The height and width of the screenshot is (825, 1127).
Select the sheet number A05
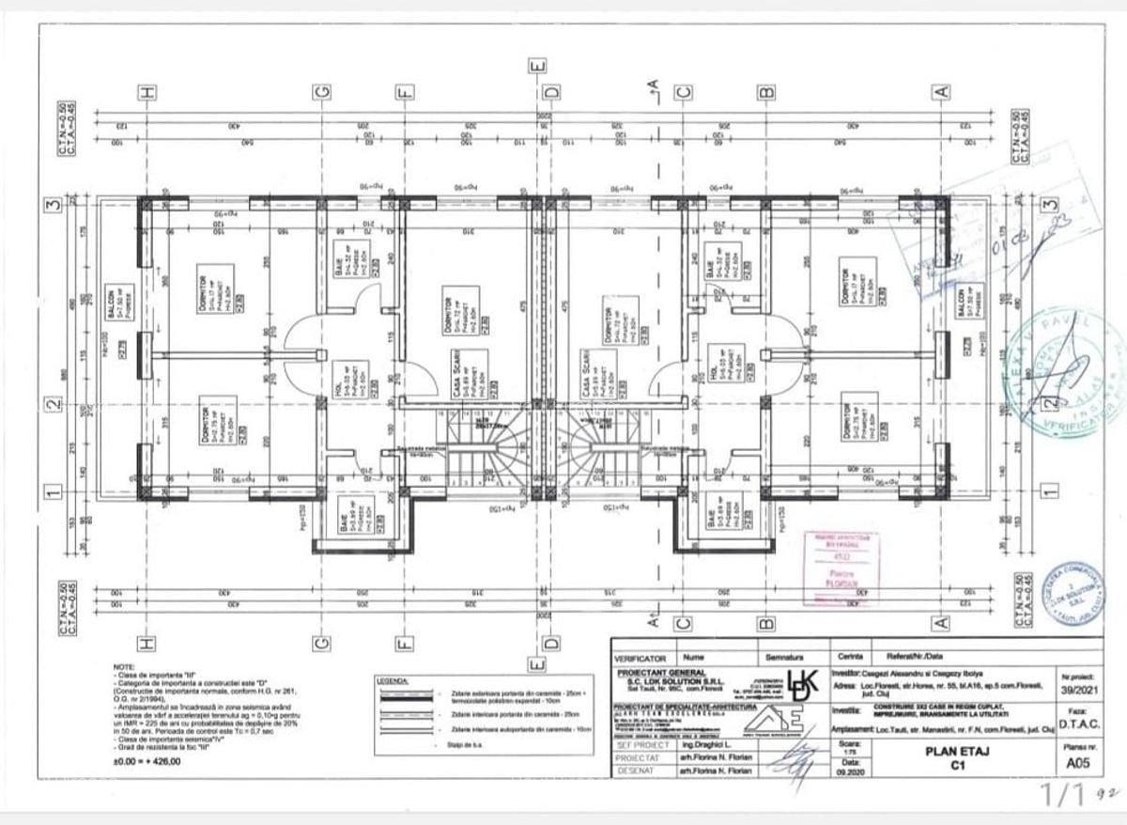pyautogui.click(x=1078, y=764)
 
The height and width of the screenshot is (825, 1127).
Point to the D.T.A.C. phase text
pyautogui.click(x=1078, y=724)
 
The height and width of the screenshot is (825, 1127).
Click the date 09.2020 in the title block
pyautogui.click(x=850, y=771)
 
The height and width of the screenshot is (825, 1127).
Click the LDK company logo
pyautogui.click(x=804, y=683)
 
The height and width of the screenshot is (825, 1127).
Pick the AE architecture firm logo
pyautogui.click(x=792, y=722)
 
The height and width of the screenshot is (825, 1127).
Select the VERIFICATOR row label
pyautogui.click(x=641, y=659)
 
